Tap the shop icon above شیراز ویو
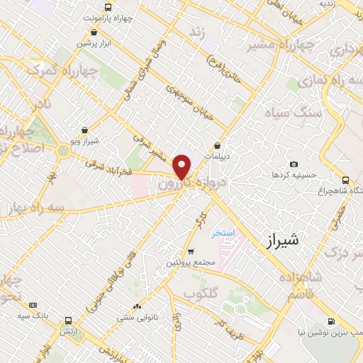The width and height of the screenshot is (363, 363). coord(86,130)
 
